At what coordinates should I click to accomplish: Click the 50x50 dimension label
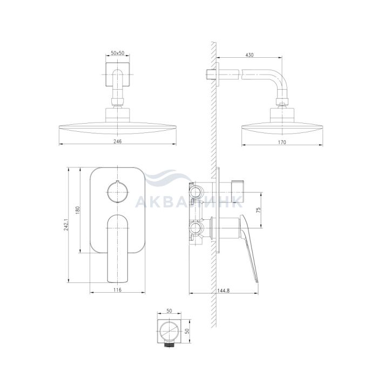[117, 53]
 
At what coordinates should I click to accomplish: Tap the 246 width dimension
[117, 141]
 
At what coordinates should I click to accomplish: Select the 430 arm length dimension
[249, 55]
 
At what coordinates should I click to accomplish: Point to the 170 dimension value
[282, 142]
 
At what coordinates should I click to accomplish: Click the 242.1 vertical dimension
[66, 224]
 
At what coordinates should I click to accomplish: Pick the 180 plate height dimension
[77, 210]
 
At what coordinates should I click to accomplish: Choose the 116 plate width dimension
[117, 290]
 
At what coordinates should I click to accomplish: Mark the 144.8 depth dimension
[224, 291]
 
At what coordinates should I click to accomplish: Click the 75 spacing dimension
[259, 210]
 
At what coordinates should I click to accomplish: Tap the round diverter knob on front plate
[117, 192]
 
